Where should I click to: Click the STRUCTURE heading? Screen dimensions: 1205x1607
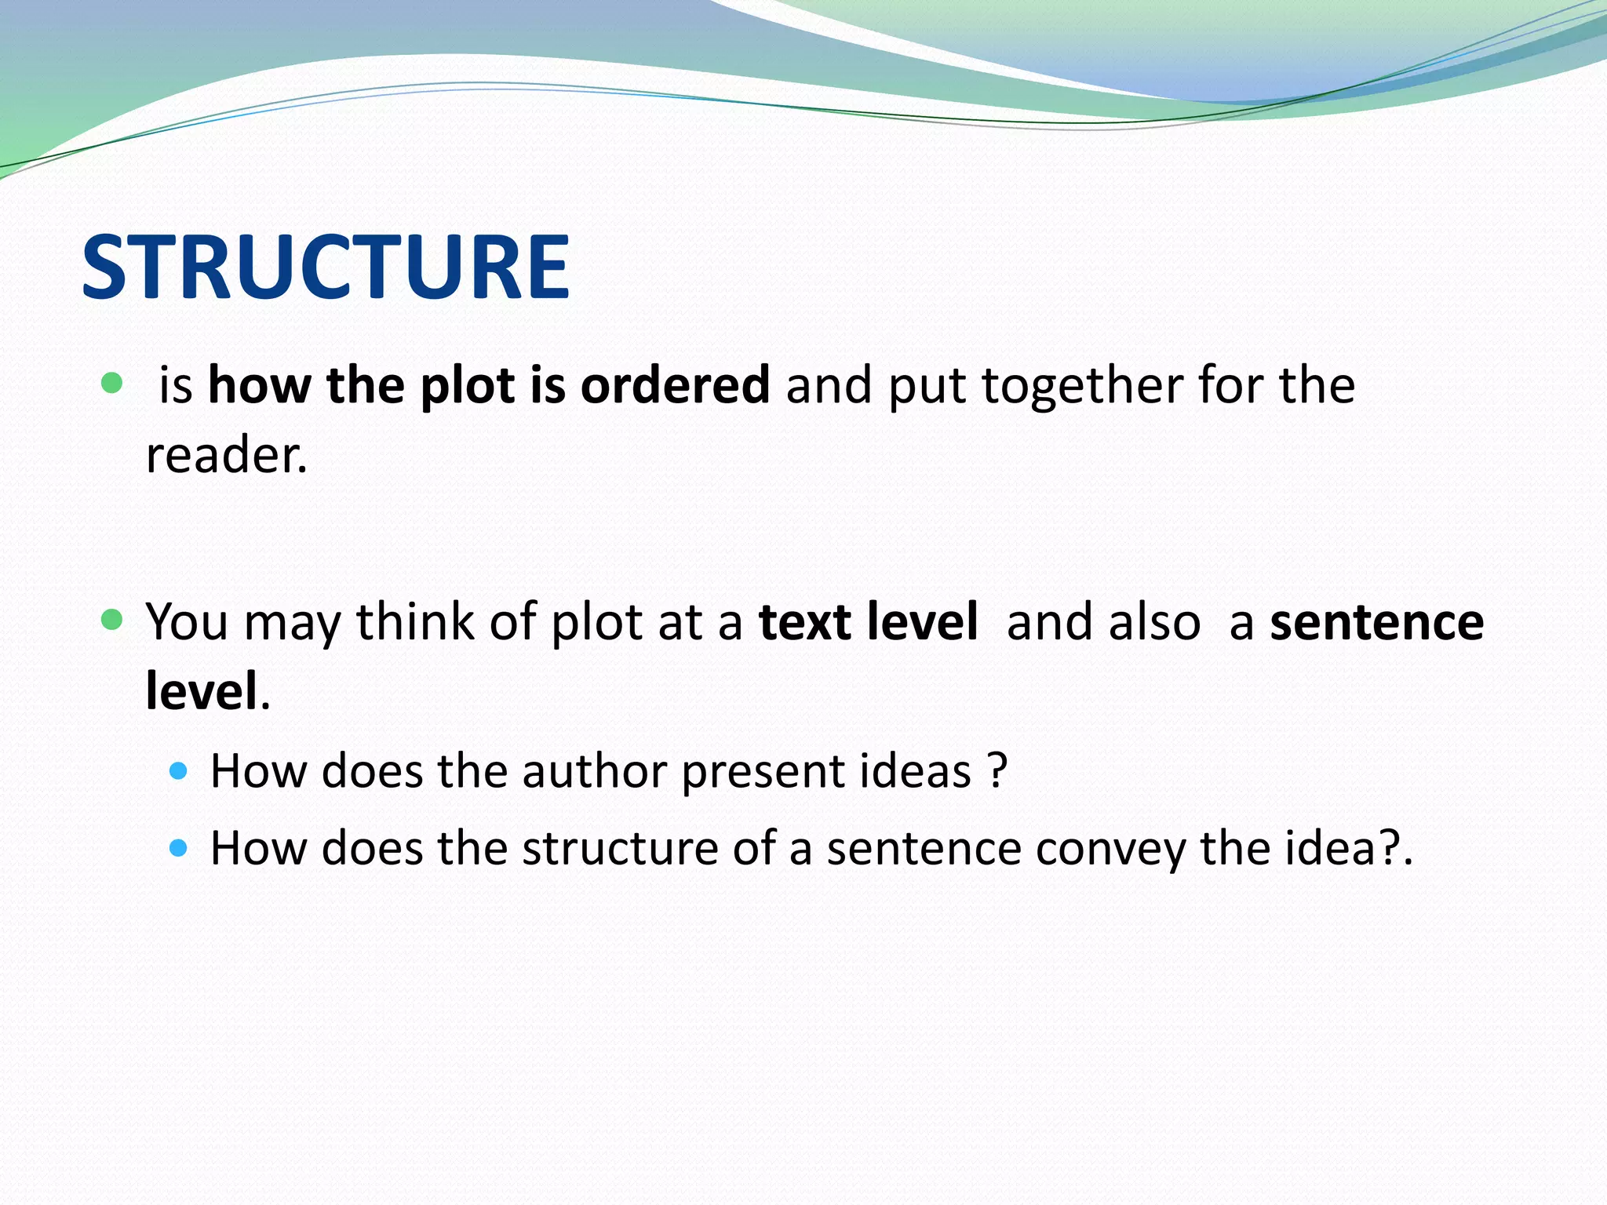[325, 268]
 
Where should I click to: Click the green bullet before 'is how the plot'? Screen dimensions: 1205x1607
[112, 384]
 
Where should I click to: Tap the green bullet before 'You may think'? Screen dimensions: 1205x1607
[112, 621]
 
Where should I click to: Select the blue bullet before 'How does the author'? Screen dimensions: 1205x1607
[179, 770]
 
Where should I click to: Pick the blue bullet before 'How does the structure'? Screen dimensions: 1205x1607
[179, 848]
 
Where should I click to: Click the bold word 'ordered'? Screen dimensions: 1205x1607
[675, 385]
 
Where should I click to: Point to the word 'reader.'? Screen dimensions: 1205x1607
[227, 455]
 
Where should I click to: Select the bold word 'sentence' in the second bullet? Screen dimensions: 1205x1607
[1376, 622]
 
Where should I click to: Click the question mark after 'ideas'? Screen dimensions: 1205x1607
[997, 771]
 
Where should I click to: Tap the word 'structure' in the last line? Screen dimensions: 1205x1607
[619, 849]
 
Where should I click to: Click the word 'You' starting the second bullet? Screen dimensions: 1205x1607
[187, 622]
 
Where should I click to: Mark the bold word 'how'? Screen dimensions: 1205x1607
[259, 385]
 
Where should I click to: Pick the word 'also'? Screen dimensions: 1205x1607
[1153, 622]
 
